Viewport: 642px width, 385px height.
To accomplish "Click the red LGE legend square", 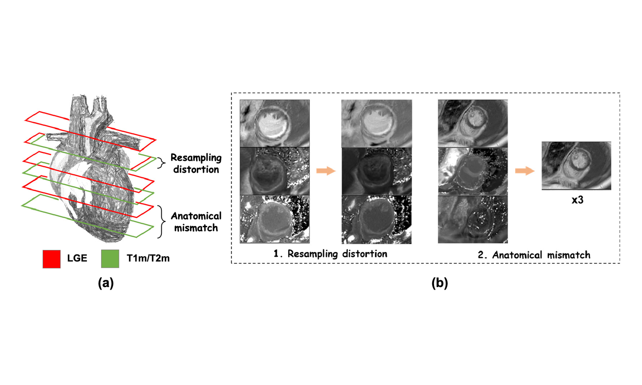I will click(x=51, y=259).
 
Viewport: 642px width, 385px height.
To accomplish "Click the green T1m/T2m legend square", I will click(x=110, y=259).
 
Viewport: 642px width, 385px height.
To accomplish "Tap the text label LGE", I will click(x=77, y=258).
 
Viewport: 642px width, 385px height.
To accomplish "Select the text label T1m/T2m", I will click(x=148, y=258).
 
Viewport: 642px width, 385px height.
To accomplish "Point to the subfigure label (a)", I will click(x=106, y=283).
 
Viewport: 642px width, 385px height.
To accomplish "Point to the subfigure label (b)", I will click(x=440, y=283).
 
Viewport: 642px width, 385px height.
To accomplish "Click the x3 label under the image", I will click(x=577, y=200).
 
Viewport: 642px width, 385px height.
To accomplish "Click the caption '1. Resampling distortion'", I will click(x=330, y=254).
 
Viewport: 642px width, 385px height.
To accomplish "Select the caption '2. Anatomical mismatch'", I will click(x=534, y=255).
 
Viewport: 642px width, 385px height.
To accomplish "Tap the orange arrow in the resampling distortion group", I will click(x=326, y=171).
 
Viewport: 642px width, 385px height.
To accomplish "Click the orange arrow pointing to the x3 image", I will click(x=524, y=171).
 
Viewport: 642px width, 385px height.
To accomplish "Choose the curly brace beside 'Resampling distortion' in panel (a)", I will click(x=161, y=163).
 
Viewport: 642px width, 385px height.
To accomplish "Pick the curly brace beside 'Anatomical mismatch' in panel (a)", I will click(x=161, y=222).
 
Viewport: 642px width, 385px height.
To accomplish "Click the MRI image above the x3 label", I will click(x=576, y=166).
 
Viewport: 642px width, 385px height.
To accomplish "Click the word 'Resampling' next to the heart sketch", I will click(x=196, y=157).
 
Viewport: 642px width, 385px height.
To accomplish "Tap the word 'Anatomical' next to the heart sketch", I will click(x=196, y=216).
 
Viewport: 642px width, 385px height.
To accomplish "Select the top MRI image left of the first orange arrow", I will click(x=274, y=123).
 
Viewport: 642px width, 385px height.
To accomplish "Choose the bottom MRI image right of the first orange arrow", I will click(x=376, y=220).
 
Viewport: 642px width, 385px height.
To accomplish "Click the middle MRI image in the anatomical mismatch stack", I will click(x=473, y=172).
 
